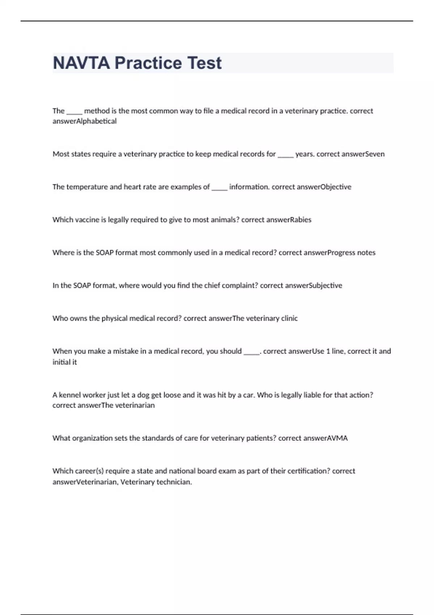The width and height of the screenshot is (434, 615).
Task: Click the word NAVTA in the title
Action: pyautogui.click(x=81, y=63)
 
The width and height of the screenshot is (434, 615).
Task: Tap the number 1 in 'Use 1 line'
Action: pyautogui.click(x=328, y=351)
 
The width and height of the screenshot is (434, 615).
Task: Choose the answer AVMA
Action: pyautogui.click(x=337, y=438)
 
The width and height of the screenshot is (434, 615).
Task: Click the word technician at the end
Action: pyautogui.click(x=174, y=482)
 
